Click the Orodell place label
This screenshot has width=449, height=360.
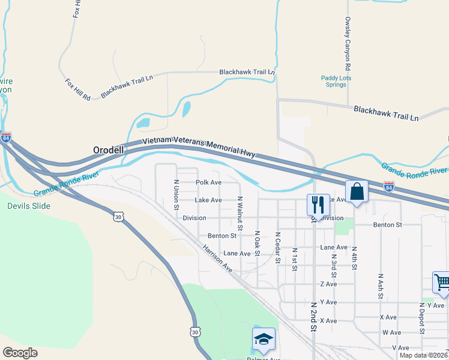[x=109, y=150]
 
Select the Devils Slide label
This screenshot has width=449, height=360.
[x=29, y=206]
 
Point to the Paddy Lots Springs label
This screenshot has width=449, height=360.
[x=336, y=81]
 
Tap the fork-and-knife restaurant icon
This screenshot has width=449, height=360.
[x=318, y=205]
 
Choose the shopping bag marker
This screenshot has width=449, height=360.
[x=357, y=192]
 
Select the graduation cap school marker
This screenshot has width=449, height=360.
[x=264, y=340]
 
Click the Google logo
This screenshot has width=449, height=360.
[x=20, y=353]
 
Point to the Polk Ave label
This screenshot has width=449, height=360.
[x=208, y=182]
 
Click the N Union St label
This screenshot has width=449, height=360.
[x=176, y=194]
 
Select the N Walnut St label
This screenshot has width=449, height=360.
[x=240, y=213]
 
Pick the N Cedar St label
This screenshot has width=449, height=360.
[x=278, y=247]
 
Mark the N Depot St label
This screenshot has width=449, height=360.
[x=422, y=318]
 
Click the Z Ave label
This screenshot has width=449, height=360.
[x=328, y=284]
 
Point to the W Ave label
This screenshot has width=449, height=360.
[x=391, y=332]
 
